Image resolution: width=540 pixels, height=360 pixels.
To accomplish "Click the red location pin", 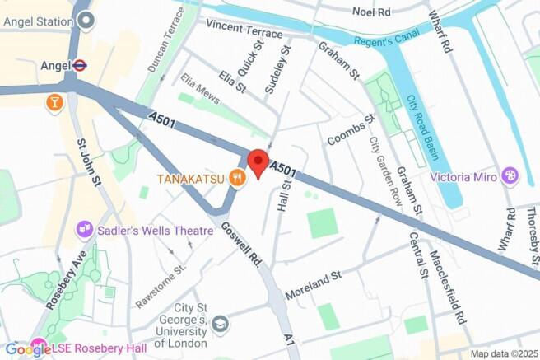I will click(258, 162).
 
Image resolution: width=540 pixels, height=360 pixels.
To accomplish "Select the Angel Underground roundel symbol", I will click(80, 65).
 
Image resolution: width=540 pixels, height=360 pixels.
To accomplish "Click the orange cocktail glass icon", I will click(54, 102).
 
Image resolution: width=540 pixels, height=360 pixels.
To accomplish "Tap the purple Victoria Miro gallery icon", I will click(510, 176).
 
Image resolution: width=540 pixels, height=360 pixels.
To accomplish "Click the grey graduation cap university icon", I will click(220, 324).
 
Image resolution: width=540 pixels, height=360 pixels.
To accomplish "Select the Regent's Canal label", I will click(387, 39).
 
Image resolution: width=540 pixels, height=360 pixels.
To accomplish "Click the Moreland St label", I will click(313, 283).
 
